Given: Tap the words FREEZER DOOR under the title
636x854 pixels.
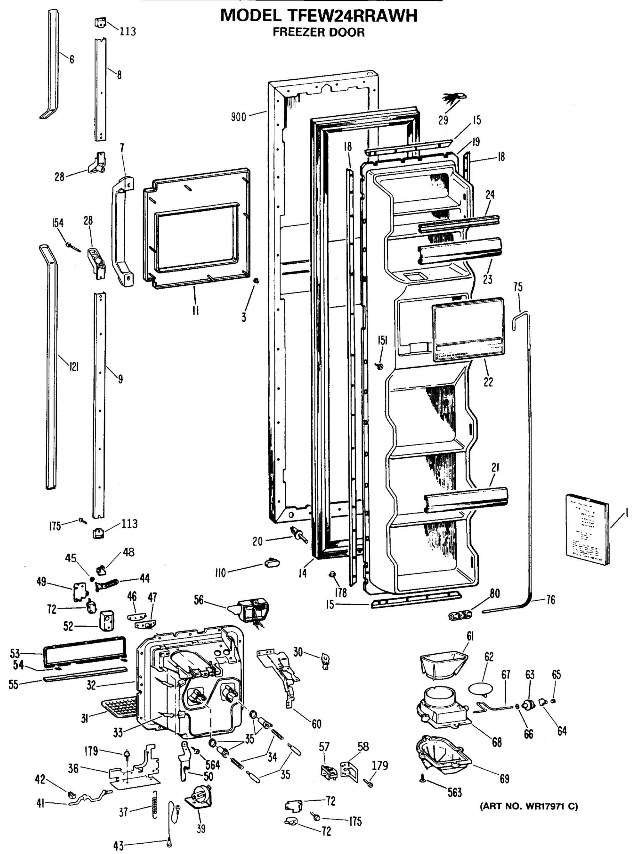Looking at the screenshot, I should point(319,32).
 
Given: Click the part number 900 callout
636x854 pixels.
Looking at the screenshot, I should point(238,117).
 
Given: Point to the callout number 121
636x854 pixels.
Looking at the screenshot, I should point(74,367).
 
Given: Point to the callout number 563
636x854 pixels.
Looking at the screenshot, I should point(455,792).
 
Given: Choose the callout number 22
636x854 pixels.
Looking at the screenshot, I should point(488,382).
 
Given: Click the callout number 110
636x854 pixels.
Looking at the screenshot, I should point(221,573).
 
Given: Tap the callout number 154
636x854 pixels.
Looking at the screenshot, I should point(58,223).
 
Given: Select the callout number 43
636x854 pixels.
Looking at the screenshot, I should point(119,845).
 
